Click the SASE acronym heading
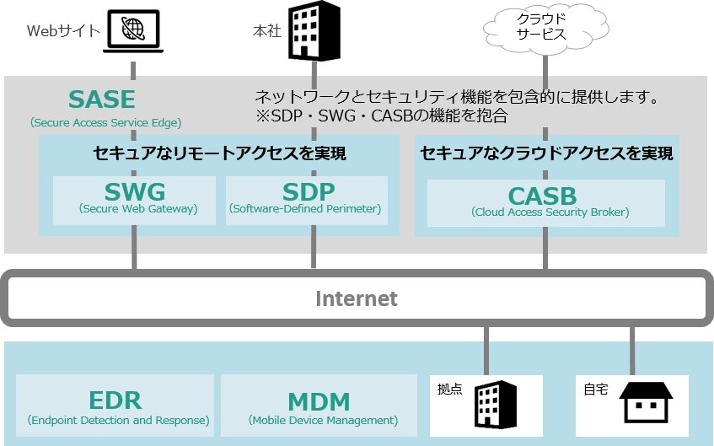coord(102,99)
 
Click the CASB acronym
coord(542,196)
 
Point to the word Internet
coord(357,298)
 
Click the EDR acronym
coord(115,400)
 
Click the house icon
coord(646,403)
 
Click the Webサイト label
coord(64,31)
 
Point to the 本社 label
coord(267,31)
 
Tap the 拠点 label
coord(449,390)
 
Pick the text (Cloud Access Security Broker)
coord(550,212)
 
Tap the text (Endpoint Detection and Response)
coord(118,420)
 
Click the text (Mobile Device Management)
coord(323,420)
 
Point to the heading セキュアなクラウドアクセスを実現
coord(546,153)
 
